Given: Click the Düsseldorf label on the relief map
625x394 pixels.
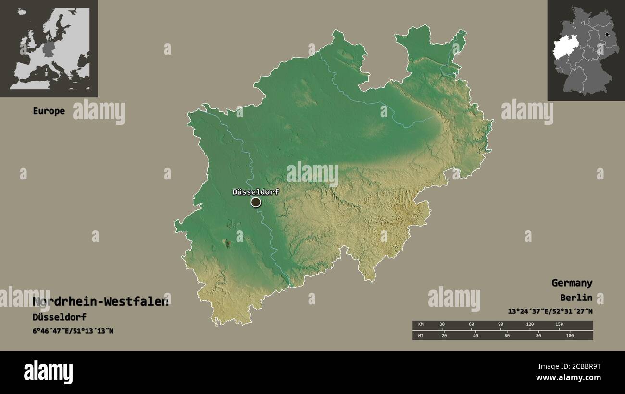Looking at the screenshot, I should click(x=255, y=192).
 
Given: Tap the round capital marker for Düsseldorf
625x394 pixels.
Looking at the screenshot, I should click(x=256, y=202).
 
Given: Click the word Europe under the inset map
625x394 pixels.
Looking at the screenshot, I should click(x=49, y=111).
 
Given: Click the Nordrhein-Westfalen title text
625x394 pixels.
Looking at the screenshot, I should click(x=100, y=302).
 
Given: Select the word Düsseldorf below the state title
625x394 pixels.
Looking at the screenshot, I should click(x=59, y=317).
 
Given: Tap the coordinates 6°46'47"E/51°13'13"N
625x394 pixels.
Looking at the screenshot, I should click(x=73, y=331).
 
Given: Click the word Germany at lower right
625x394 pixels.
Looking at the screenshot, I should click(x=572, y=283).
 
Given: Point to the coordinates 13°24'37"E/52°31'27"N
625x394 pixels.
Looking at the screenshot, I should click(x=550, y=311).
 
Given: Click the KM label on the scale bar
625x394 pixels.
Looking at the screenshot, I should click(x=421, y=325).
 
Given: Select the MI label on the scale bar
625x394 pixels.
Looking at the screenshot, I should click(x=421, y=335).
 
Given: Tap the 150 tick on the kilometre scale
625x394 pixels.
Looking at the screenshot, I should click(x=559, y=325).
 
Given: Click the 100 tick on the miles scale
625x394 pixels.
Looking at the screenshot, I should click(x=570, y=335).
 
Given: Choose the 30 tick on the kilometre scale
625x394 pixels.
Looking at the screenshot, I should click(x=442, y=325).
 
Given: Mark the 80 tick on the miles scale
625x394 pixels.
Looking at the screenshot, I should click(x=538, y=335).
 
